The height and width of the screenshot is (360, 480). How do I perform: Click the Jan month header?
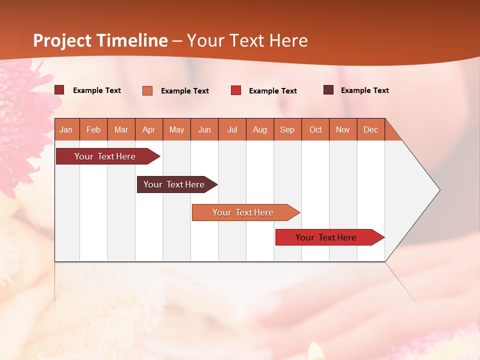(66, 129)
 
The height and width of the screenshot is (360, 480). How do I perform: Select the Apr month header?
(149, 129)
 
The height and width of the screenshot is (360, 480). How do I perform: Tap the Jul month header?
(232, 129)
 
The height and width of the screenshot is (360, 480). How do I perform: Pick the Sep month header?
(287, 129)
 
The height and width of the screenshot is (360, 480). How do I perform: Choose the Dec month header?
(370, 129)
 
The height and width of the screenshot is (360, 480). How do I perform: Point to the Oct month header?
(315, 129)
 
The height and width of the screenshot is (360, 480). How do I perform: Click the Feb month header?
(93, 129)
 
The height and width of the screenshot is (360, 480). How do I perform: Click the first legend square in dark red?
(59, 90)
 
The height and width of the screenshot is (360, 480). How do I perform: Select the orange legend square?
(147, 90)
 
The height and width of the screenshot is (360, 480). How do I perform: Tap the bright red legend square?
(236, 90)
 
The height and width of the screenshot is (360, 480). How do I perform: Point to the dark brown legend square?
(328, 90)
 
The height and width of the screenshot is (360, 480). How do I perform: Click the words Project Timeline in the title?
(100, 40)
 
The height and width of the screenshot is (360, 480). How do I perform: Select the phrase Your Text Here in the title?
(247, 40)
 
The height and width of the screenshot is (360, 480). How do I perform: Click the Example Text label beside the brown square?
(364, 90)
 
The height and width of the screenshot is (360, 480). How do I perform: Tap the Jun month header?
(204, 129)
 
